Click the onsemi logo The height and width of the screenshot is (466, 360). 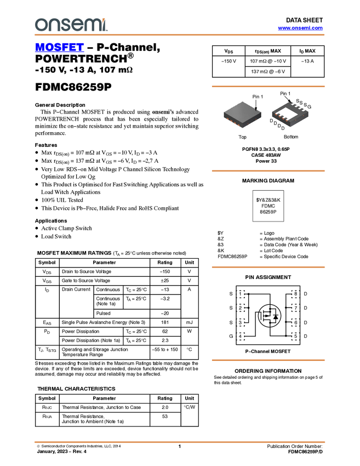point(71,25)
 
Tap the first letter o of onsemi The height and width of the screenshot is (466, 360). point(40,25)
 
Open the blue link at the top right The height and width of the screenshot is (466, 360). point(300,28)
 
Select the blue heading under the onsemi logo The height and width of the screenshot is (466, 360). point(59,48)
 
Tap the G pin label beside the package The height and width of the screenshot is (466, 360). point(310,106)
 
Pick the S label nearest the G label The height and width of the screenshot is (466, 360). point(305,104)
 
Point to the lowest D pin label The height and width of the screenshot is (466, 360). point(283,129)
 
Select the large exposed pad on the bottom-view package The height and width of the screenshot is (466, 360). point(289,116)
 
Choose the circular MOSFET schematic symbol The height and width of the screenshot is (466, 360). point(269,316)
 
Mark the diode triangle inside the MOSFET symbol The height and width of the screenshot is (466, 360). point(276,316)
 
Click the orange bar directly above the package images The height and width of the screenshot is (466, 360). point(268,86)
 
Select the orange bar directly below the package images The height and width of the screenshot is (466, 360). point(268,171)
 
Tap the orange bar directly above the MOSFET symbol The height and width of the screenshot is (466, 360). point(268,268)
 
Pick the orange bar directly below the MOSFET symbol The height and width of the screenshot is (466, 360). point(268,360)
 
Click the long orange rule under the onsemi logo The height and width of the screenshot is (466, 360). point(180,35)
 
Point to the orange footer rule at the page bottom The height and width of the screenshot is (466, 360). point(180,441)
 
